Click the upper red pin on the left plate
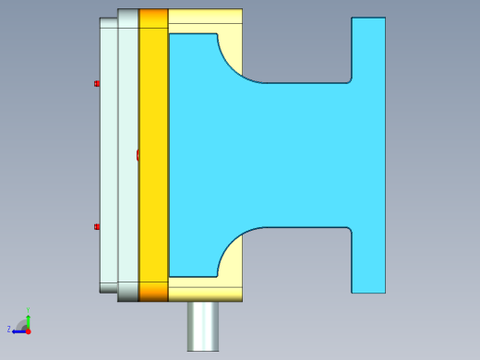click(x=96, y=84)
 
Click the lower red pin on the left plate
click(x=96, y=227)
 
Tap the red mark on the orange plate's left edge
click(x=138, y=155)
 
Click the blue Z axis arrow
click(x=18, y=330)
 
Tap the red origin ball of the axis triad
click(x=28, y=330)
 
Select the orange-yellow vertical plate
click(x=153, y=148)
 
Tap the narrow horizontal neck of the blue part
click(x=305, y=155)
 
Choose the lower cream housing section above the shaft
click(x=205, y=288)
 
